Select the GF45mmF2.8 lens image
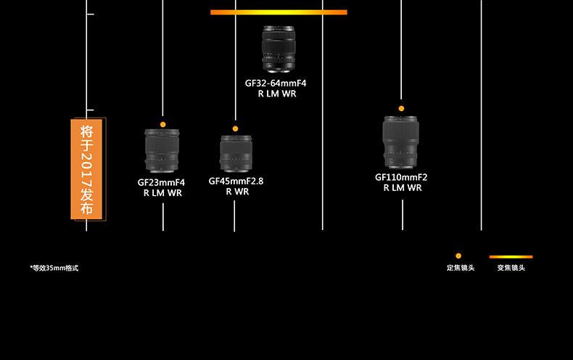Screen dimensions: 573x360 click(235, 152)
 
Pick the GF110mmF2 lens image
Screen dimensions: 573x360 click(401, 141)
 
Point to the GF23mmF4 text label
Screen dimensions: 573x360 click(162, 182)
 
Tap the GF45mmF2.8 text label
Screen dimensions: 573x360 click(236, 181)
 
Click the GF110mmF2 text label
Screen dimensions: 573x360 click(401, 177)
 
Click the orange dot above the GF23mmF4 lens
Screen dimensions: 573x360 click(162, 125)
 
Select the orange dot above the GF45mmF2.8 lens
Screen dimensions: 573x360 click(235, 128)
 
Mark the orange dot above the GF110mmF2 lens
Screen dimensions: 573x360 click(401, 109)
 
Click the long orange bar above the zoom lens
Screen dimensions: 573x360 click(279, 12)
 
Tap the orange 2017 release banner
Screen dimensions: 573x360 click(88, 168)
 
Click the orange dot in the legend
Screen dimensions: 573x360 click(458, 256)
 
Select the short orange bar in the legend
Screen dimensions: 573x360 click(511, 256)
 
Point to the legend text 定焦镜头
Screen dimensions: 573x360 click(460, 268)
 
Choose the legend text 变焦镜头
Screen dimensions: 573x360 click(511, 268)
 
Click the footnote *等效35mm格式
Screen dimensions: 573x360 click(54, 268)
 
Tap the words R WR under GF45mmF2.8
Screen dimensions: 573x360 click(236, 192)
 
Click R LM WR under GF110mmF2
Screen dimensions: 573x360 click(402, 188)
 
